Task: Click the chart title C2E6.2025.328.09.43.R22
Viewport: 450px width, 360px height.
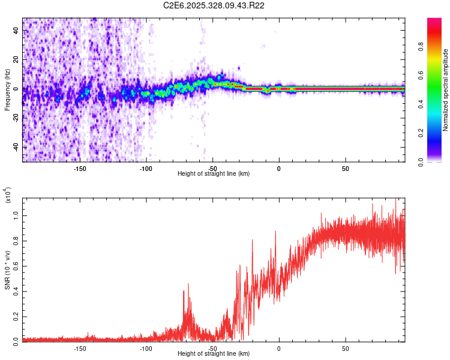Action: [x=214, y=5]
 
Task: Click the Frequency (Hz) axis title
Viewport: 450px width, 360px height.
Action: [x=7, y=89]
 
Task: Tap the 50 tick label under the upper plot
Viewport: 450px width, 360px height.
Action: [x=346, y=169]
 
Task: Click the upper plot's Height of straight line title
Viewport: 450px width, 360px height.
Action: [x=214, y=174]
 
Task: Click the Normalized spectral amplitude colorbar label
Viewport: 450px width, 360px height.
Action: [x=446, y=90]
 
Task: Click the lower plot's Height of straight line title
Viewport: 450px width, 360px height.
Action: [x=214, y=354]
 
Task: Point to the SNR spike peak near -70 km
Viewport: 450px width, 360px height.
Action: [x=188, y=284]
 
